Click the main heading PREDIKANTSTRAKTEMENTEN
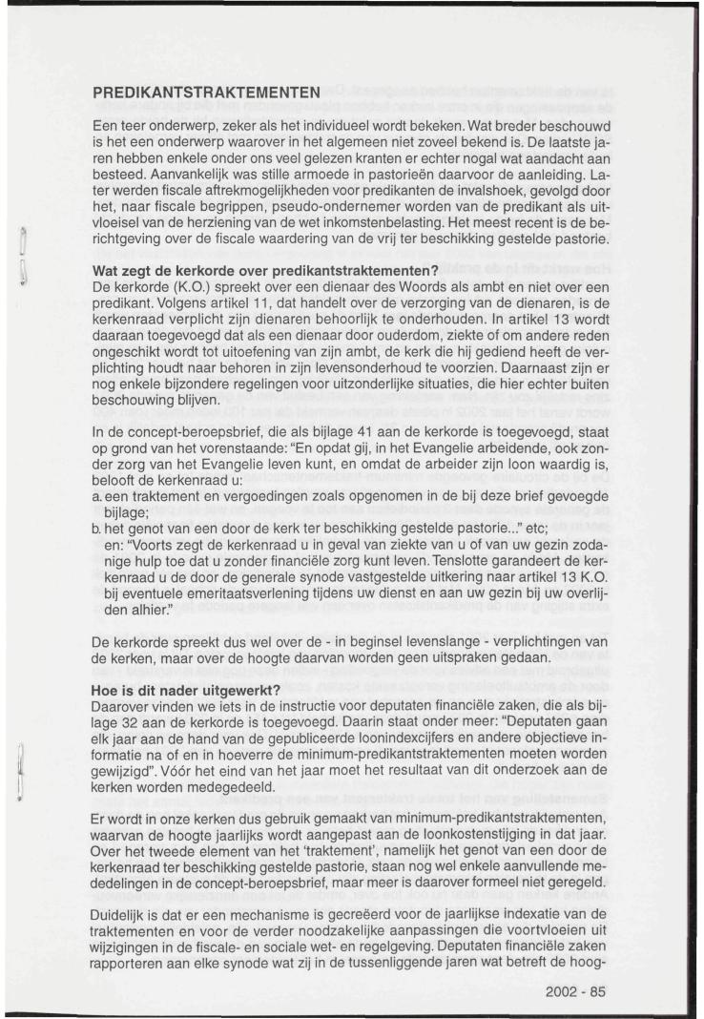coord(206,94)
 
